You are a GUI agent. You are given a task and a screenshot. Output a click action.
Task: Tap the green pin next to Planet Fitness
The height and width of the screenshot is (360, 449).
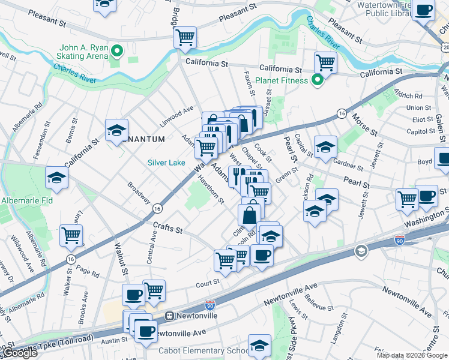(319, 80)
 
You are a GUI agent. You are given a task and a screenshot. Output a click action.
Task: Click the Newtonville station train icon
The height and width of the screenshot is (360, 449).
(170, 315)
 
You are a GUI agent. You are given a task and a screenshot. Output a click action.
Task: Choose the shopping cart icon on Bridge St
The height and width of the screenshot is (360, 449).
(185, 37)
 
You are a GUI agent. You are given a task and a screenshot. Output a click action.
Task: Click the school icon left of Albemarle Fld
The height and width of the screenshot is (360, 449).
(57, 177)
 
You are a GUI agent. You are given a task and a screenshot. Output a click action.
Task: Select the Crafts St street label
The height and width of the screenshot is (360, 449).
(167, 229)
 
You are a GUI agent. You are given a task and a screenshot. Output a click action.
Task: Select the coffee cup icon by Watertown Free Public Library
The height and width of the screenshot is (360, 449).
(424, 11)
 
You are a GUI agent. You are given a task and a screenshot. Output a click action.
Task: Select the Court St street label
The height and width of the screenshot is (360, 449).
(207, 280)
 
